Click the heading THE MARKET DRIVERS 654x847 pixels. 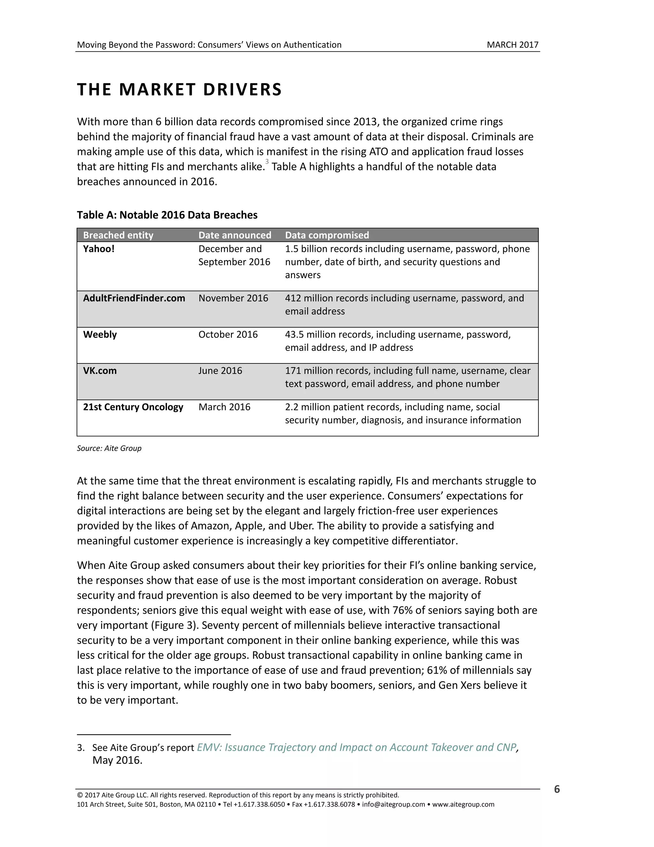click(x=179, y=89)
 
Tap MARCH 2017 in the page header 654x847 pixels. click(x=512, y=45)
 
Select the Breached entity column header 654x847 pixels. click(x=118, y=235)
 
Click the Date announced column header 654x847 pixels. click(x=234, y=235)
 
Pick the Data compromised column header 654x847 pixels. click(x=327, y=235)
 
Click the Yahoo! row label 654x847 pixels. click(x=99, y=249)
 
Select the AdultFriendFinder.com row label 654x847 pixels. click(x=134, y=298)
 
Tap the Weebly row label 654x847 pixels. click(x=100, y=334)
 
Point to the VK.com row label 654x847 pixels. click(x=100, y=370)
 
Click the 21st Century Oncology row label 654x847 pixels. click(x=133, y=407)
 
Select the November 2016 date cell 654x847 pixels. click(x=233, y=298)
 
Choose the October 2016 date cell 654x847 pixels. click(x=228, y=334)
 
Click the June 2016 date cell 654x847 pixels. click(x=220, y=370)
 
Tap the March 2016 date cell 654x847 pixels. click(x=224, y=407)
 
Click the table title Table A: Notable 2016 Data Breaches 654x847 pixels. click(x=167, y=215)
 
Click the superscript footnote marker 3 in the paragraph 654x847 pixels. click(x=267, y=162)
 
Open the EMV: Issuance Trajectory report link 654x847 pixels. click(x=356, y=747)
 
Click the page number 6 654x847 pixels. click(x=557, y=789)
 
